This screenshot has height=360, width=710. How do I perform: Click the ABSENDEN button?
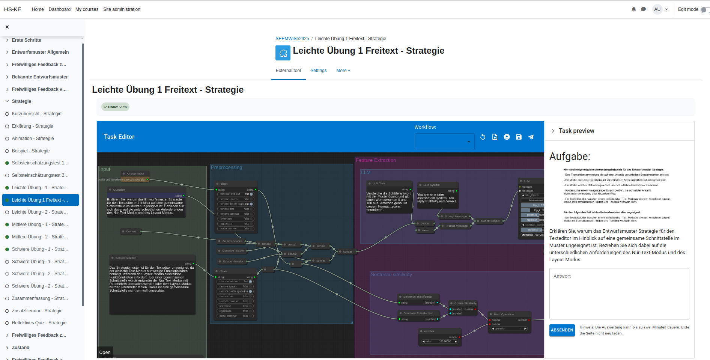click(562, 330)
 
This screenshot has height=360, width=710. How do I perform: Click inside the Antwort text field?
click(619, 294)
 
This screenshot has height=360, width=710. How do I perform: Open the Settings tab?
click(318, 71)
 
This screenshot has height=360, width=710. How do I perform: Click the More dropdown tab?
click(343, 71)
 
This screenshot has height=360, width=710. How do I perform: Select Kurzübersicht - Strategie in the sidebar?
click(36, 114)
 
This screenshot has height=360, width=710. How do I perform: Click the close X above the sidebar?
click(7, 27)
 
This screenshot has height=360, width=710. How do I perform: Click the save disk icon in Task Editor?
click(519, 137)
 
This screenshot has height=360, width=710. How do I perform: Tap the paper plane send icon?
click(531, 137)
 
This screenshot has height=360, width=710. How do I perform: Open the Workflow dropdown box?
click(444, 142)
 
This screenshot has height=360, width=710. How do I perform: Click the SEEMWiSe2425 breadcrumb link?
click(292, 39)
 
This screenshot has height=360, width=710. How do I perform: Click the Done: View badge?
click(115, 107)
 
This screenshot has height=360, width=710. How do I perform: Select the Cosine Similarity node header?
click(465, 303)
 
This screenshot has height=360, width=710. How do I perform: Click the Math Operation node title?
click(504, 314)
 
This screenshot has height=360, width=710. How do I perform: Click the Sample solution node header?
click(126, 258)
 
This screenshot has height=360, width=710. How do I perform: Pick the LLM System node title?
click(431, 185)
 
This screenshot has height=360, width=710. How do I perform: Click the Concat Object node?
click(490, 221)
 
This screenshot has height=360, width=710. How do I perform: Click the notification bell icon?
click(633, 9)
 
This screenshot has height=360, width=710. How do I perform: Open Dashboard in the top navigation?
click(59, 9)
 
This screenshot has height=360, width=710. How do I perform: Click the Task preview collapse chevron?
click(553, 131)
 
